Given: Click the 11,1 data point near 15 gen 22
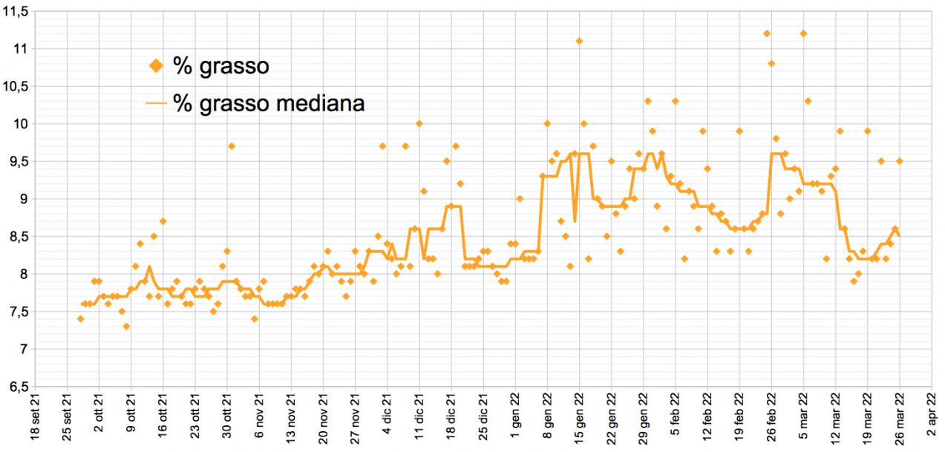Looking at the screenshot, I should coord(579,41).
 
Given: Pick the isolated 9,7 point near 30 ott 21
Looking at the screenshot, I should coord(232,146).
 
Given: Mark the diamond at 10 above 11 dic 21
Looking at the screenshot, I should coord(419,123).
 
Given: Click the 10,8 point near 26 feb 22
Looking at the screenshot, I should coord(771,64).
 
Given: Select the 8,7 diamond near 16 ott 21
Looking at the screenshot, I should coord(163,221).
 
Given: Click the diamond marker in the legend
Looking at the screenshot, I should coord(156,67).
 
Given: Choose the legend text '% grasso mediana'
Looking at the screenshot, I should coord(269,103).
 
